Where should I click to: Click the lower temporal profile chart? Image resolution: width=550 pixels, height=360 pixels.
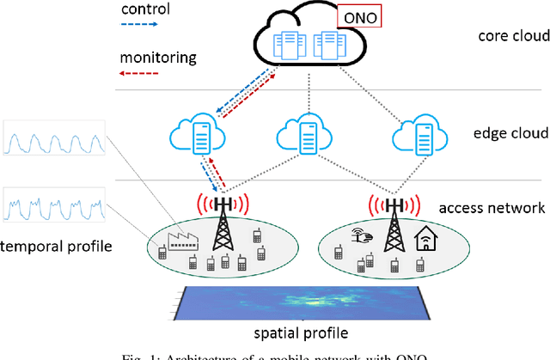point(54,206)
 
